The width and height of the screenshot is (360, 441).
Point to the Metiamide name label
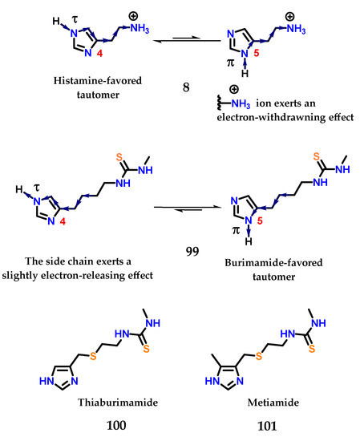pos(272,406)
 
